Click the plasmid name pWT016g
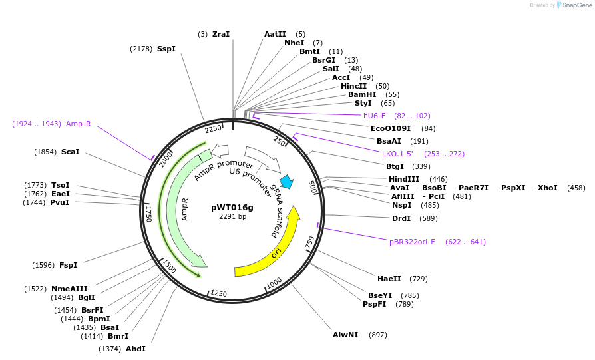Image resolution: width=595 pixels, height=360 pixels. (x=232, y=207)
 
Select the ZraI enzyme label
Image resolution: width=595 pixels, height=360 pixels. (x=221, y=34)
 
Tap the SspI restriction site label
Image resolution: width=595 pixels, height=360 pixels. (x=166, y=49)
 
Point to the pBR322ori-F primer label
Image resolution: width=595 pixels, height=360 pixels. (x=412, y=242)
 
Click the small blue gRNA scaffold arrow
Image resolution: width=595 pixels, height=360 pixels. (x=287, y=181)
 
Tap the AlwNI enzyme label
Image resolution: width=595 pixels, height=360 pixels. (x=345, y=335)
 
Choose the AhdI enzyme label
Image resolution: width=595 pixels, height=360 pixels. (x=136, y=349)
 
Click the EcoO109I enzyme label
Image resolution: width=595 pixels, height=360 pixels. (x=390, y=128)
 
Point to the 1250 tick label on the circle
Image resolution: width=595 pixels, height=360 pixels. (x=218, y=294)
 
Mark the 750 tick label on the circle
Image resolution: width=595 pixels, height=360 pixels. (x=309, y=243)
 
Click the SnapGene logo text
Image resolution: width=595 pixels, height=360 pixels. (x=575, y=5)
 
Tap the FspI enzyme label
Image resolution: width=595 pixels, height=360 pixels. (x=68, y=265)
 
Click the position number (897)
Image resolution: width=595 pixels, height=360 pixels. (x=377, y=335)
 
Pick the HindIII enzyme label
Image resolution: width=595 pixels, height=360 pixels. (x=404, y=179)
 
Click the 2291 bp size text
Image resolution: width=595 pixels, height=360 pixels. (x=232, y=216)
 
